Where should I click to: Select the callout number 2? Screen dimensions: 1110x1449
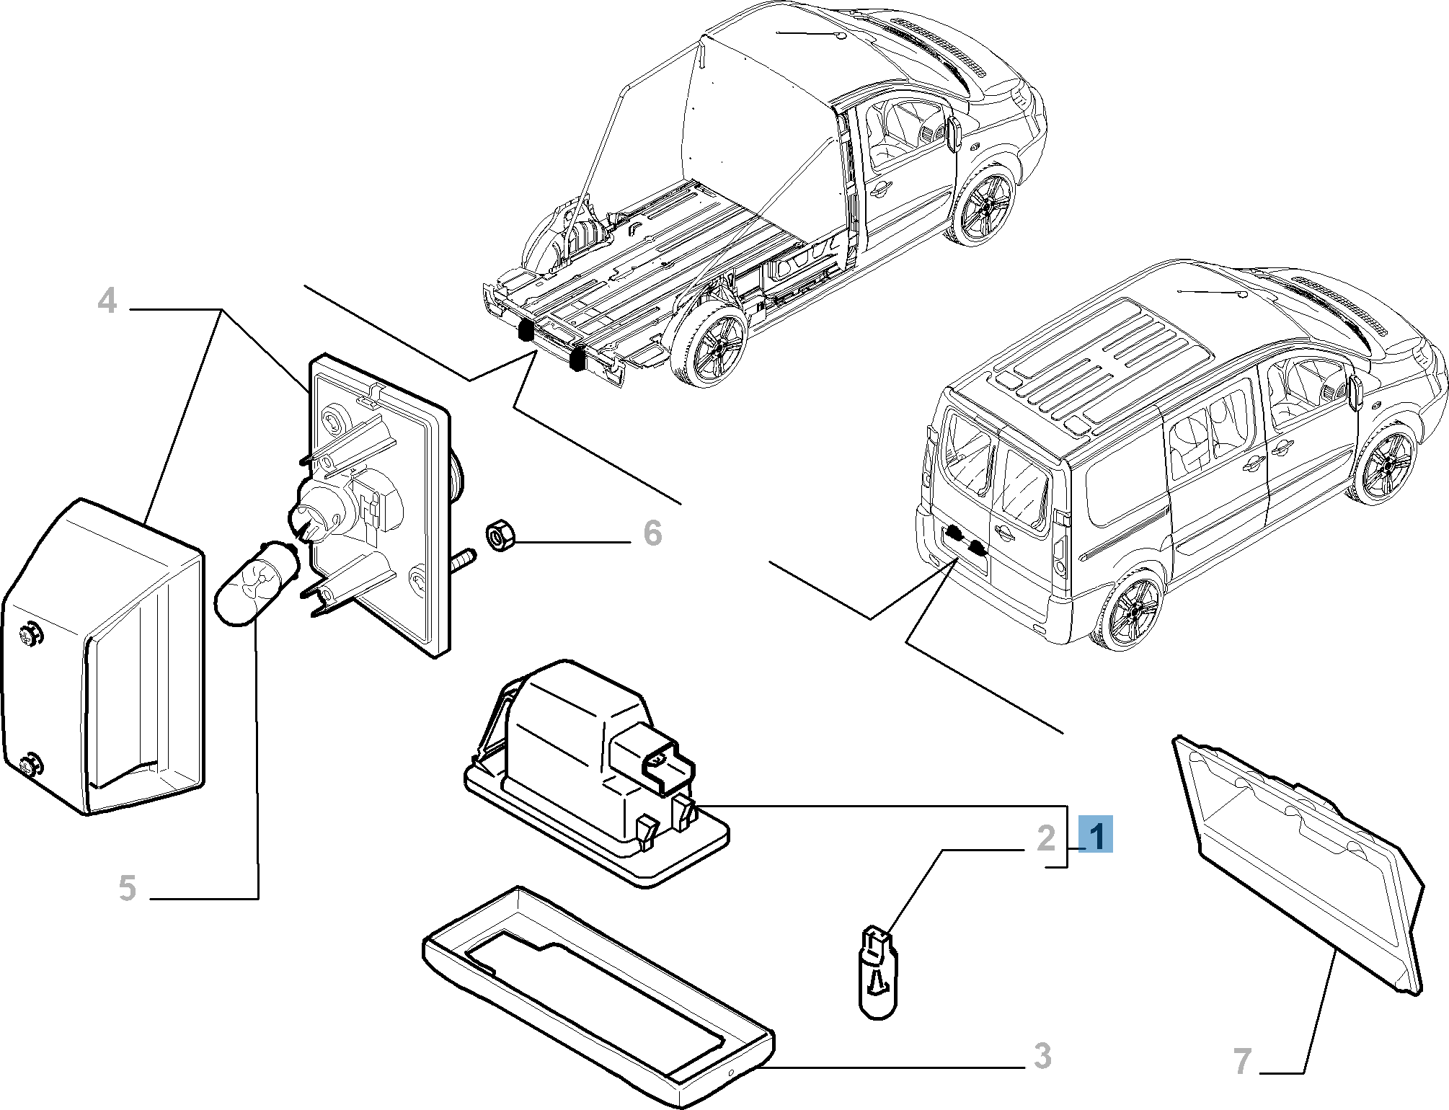coord(1046,838)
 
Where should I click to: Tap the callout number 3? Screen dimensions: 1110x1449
coord(1042,1056)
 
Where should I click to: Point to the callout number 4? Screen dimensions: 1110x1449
coord(107,300)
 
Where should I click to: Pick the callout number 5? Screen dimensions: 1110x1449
coord(127,887)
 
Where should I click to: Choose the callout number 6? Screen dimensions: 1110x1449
coord(652,534)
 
